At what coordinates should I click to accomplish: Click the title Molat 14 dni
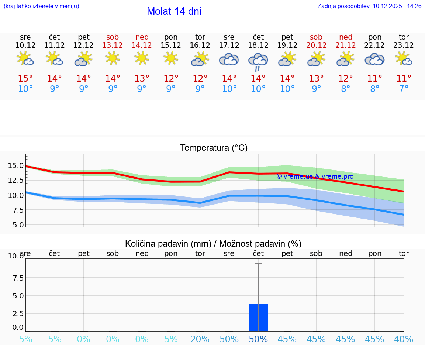pyautogui.click(x=174, y=11)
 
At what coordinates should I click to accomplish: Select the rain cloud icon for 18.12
pyautogui.click(x=258, y=61)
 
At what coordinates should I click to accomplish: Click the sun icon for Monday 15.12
pyautogui.click(x=171, y=58)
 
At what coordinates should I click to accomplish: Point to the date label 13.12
pyautogui.click(x=113, y=45)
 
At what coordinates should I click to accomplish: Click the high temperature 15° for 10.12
pyautogui.click(x=25, y=79)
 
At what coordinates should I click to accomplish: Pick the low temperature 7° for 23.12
pyautogui.click(x=404, y=89)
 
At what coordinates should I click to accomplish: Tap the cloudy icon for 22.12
pyautogui.click(x=374, y=59)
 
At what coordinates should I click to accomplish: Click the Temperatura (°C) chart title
pyautogui.click(x=214, y=148)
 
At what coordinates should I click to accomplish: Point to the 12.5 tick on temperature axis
pyautogui.click(x=16, y=180)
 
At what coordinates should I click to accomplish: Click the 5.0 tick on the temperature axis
pyautogui.click(x=16, y=225)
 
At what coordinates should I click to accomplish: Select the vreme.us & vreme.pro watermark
pyautogui.click(x=315, y=176)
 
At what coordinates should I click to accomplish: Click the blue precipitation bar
pyautogui.click(x=258, y=318)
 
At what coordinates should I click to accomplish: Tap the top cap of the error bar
pyautogui.click(x=258, y=263)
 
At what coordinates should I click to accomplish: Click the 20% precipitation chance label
pyautogui.click(x=200, y=339)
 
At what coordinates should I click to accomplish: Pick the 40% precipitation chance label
pyautogui.click(x=404, y=339)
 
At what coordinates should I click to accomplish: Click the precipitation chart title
pyautogui.click(x=213, y=244)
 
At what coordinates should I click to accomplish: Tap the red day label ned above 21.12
pyautogui.click(x=345, y=37)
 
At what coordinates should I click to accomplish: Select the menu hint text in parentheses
pyautogui.click(x=41, y=6)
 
